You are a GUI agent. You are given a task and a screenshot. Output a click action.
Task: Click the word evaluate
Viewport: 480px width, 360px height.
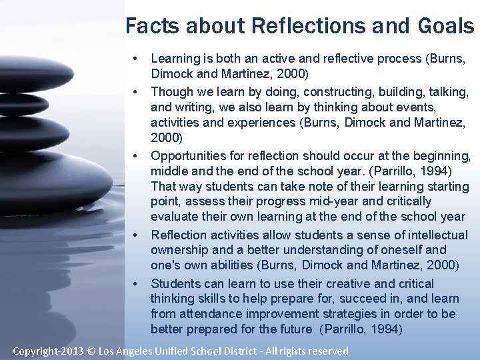coord(175,217)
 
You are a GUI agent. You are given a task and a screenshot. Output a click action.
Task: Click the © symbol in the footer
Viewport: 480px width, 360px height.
coord(91,350)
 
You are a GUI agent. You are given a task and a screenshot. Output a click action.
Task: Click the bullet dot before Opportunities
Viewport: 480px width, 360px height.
coord(135,156)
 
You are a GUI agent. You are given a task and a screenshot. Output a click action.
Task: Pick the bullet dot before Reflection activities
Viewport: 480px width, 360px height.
coord(135,235)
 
